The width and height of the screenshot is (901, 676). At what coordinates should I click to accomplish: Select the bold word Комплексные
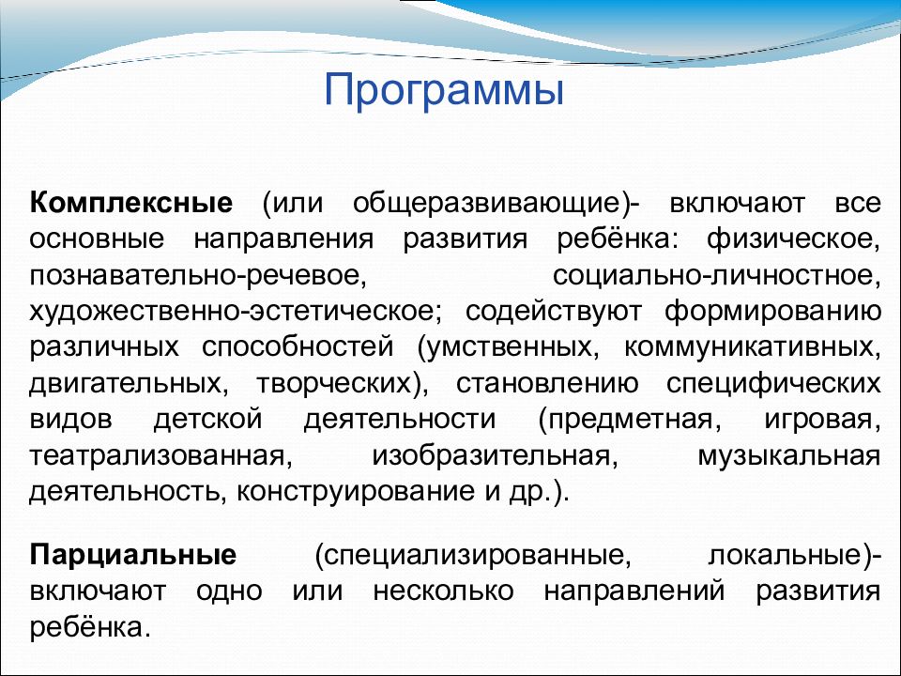click(x=131, y=203)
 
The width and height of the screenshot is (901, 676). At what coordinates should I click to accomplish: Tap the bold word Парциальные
click(x=132, y=556)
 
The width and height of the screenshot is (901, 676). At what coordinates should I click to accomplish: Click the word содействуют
click(x=554, y=312)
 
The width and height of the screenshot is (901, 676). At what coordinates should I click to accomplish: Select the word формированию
click(x=772, y=312)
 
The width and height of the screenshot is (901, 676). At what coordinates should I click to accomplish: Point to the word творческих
click(x=333, y=384)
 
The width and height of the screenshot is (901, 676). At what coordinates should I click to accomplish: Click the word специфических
click(x=773, y=384)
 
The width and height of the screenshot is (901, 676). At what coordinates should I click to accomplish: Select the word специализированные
click(x=469, y=556)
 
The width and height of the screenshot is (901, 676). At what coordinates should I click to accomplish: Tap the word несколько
click(x=443, y=591)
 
